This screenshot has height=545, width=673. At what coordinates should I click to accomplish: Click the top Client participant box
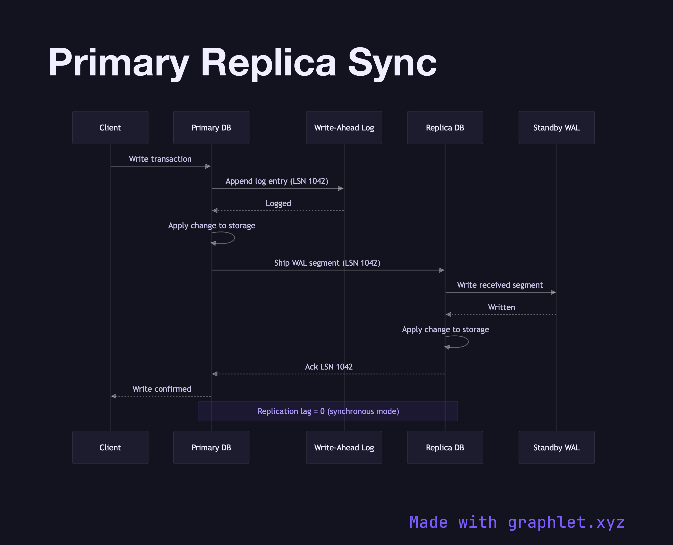[110, 128]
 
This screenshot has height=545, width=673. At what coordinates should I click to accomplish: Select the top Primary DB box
[211, 128]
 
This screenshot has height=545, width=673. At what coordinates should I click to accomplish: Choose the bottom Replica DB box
[445, 447]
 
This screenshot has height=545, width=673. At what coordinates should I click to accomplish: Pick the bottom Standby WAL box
[556, 447]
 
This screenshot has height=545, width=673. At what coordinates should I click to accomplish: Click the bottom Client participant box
[110, 447]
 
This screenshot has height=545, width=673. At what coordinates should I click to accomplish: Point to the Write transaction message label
[160, 159]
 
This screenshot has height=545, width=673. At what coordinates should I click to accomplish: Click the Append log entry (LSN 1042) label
[277, 181]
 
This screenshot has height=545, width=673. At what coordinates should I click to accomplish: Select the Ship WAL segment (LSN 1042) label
[327, 263]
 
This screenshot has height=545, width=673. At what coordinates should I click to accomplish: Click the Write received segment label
[500, 285]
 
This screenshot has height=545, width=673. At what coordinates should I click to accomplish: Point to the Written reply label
[502, 307]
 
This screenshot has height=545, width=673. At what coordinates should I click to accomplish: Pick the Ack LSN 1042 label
[329, 367]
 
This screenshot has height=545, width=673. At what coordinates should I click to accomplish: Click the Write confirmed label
[162, 389]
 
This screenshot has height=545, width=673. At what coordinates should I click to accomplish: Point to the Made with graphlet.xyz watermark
[517, 523]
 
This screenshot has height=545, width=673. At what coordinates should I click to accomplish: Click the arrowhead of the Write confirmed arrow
[114, 396]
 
